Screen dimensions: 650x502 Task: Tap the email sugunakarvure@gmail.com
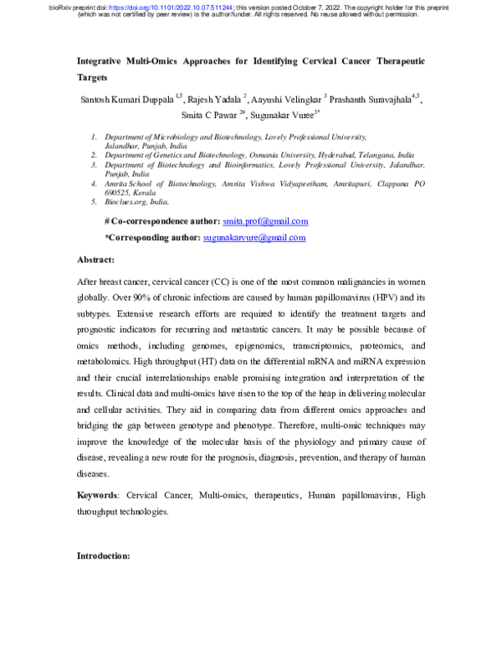[254, 238]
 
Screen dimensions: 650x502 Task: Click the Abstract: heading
[95, 261]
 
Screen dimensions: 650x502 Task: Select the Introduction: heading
[103, 555]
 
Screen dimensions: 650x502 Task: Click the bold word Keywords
[97, 496]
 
